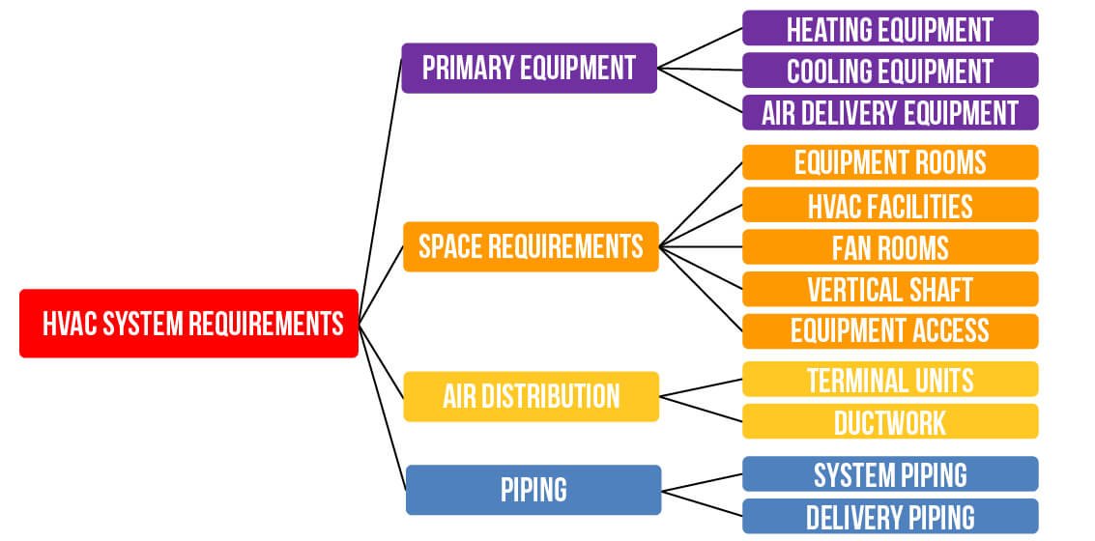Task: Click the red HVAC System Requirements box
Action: (x=188, y=324)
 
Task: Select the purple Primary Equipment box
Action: (x=530, y=68)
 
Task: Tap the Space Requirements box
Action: (x=531, y=246)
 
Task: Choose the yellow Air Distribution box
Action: (x=532, y=396)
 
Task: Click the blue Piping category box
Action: (x=533, y=490)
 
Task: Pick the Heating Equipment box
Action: (x=890, y=28)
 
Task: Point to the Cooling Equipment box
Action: (x=890, y=70)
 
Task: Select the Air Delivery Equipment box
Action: (x=890, y=112)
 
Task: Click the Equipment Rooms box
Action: (x=890, y=162)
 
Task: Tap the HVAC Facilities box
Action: (x=890, y=205)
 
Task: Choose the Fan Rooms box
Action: (x=890, y=247)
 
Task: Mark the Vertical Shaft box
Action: (x=890, y=289)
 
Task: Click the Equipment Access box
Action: (x=890, y=331)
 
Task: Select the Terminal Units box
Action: (x=890, y=379)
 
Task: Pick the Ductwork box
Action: (x=890, y=421)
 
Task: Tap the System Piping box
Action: (x=890, y=474)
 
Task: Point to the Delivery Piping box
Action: (x=890, y=516)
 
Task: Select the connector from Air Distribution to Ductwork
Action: (x=701, y=409)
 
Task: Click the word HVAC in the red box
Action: (x=70, y=324)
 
